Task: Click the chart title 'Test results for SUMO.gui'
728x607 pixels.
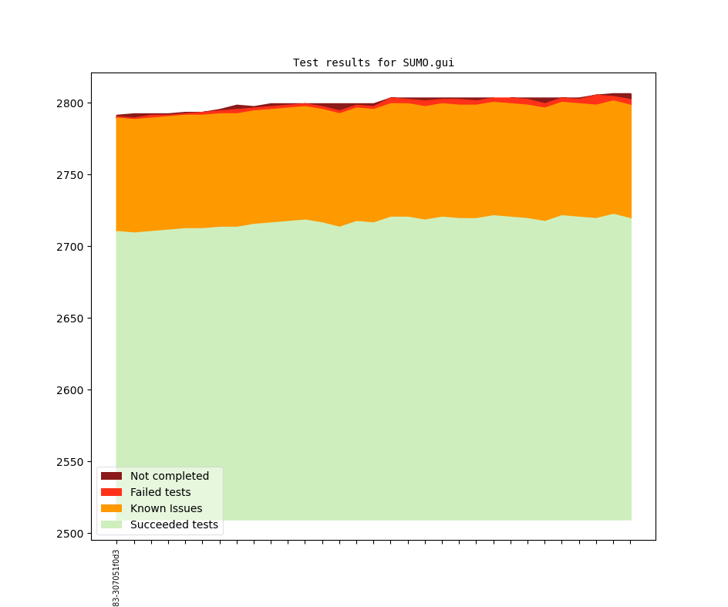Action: [373, 63]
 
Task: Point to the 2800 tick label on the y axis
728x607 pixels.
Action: [69, 103]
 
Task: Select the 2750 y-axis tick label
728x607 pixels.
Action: [69, 175]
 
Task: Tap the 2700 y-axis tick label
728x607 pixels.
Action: [69, 247]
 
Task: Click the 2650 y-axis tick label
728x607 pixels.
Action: [69, 319]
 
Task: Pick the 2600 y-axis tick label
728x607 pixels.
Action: [69, 390]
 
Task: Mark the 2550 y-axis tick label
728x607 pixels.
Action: [69, 462]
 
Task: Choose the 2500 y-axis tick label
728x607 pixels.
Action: [69, 534]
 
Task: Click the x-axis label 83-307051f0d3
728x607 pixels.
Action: [116, 578]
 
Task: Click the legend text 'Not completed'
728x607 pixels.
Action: [170, 477]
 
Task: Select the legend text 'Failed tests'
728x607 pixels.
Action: [160, 493]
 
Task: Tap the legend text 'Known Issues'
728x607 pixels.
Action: [166, 509]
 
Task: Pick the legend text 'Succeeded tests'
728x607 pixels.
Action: [174, 525]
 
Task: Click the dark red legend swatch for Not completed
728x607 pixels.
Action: [111, 477]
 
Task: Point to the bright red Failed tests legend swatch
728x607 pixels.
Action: [111, 493]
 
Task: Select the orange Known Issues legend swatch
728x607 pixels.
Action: [111, 509]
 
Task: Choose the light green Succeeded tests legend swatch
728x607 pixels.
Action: [111, 525]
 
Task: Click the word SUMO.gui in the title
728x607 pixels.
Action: [428, 63]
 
